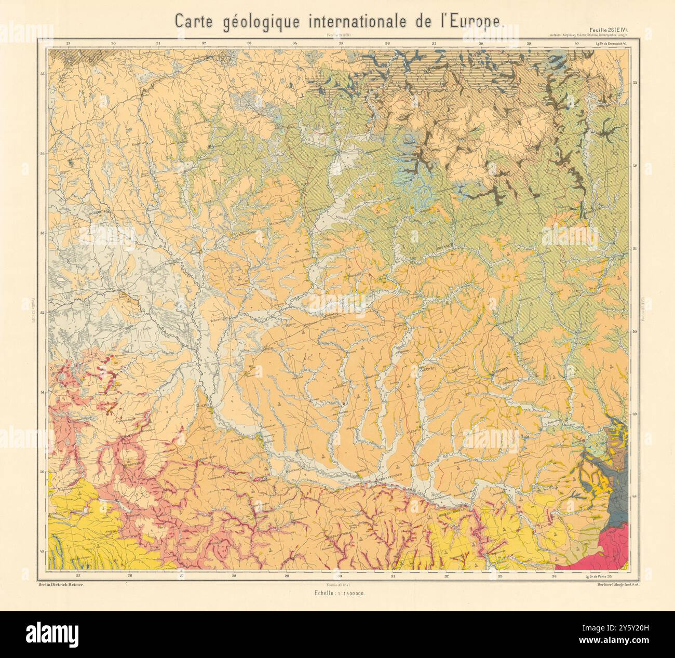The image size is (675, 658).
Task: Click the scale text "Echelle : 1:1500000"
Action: (x=338, y=593)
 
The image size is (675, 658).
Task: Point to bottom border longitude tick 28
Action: (x=234, y=576)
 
